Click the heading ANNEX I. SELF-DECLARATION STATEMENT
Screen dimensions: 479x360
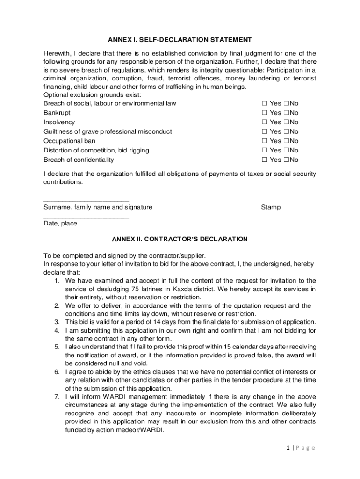coord(180,40)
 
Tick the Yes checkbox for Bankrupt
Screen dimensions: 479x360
coord(264,113)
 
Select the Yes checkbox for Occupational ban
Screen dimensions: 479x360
coord(264,141)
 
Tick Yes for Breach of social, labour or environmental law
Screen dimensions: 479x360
coord(264,103)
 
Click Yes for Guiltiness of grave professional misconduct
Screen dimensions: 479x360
coord(264,131)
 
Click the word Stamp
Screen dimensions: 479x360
coord(271,207)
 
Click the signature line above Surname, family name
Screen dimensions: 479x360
coord(86,201)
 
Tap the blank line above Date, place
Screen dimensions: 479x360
coord(86,218)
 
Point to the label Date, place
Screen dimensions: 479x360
coord(60,224)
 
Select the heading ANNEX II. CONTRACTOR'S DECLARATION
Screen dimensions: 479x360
coord(180,239)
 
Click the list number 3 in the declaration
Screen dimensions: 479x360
coord(56,322)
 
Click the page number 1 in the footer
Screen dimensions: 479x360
coord(290,448)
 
